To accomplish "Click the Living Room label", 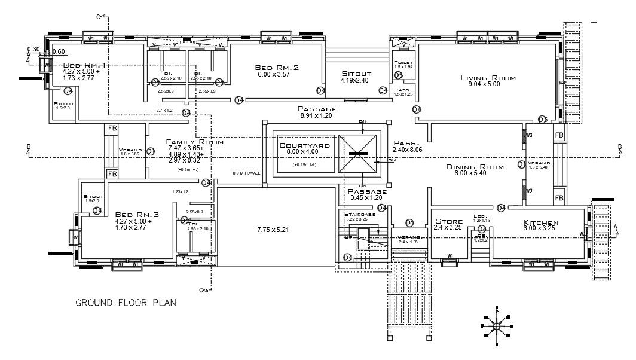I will (x=488, y=78).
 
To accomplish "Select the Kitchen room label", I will (x=540, y=222).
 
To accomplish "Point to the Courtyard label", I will (x=305, y=145).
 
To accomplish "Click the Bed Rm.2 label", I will (x=276, y=68).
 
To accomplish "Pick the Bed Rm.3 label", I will (x=137, y=214).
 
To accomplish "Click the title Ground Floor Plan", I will (x=126, y=303).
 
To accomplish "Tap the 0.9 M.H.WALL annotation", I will (x=247, y=173).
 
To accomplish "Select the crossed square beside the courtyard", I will (x=358, y=154).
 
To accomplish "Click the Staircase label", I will (x=360, y=213).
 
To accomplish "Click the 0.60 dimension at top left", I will (x=59, y=51).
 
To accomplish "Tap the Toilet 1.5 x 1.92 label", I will (x=403, y=64).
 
